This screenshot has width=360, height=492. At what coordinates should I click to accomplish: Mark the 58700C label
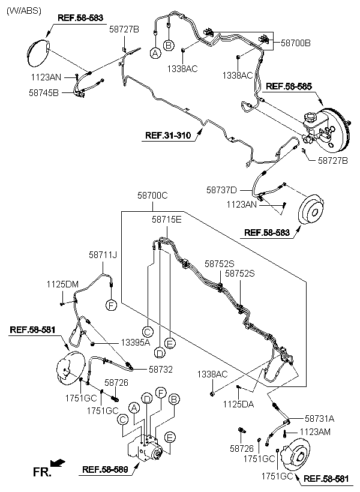coord(152,196)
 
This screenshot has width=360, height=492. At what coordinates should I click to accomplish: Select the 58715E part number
coord(167,220)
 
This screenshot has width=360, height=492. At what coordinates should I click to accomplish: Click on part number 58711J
coord(103,255)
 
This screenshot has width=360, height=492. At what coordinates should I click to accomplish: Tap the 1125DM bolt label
coord(63,283)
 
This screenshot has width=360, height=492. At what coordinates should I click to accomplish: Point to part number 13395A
coord(135,343)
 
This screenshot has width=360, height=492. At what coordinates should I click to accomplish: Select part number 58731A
coord(320,419)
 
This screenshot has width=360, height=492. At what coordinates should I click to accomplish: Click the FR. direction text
coord(41,473)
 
